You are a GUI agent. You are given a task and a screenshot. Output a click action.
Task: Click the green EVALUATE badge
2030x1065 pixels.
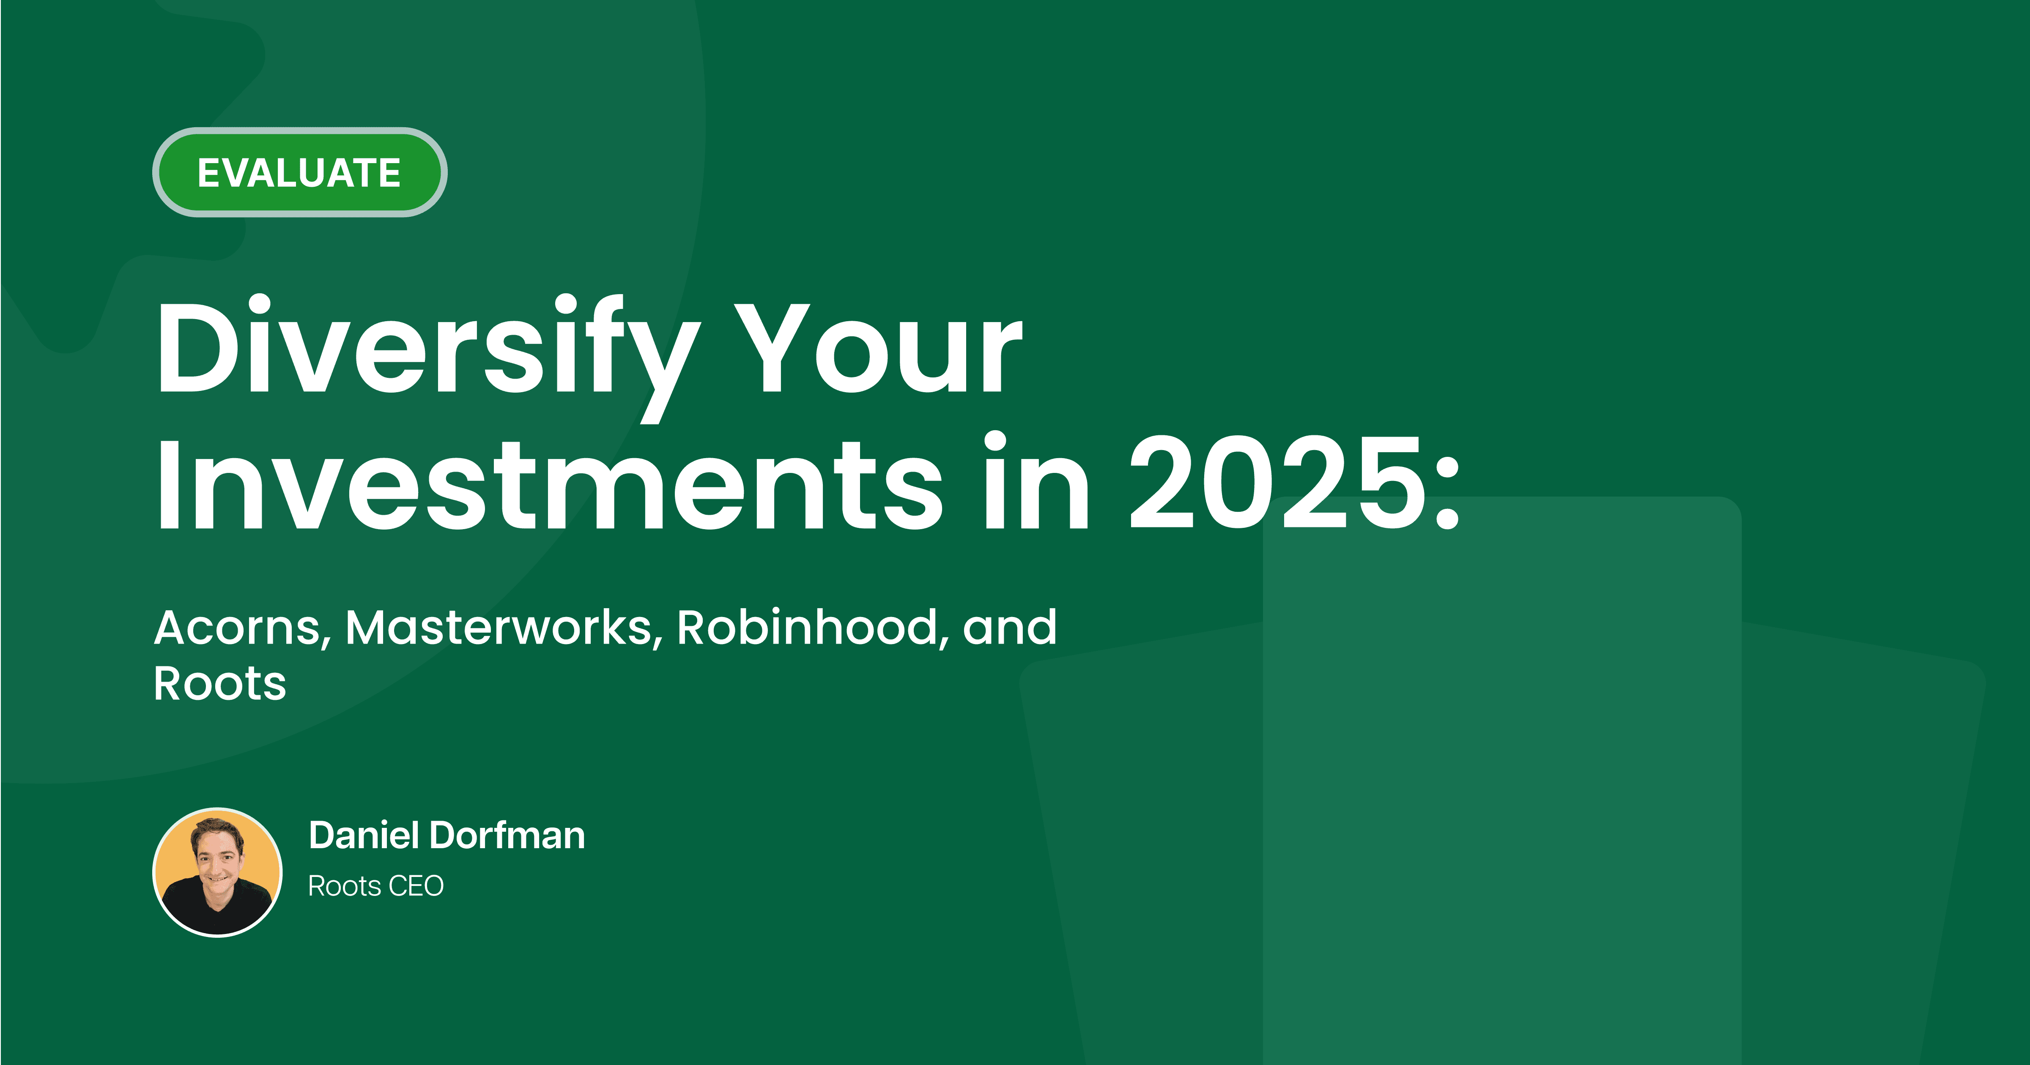point(299,172)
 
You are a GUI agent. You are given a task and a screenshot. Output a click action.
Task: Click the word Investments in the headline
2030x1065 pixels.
point(548,484)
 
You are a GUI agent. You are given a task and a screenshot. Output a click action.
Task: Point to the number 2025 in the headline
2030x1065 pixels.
point(1277,484)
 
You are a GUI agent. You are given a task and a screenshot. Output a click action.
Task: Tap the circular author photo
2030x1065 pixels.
point(217,872)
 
